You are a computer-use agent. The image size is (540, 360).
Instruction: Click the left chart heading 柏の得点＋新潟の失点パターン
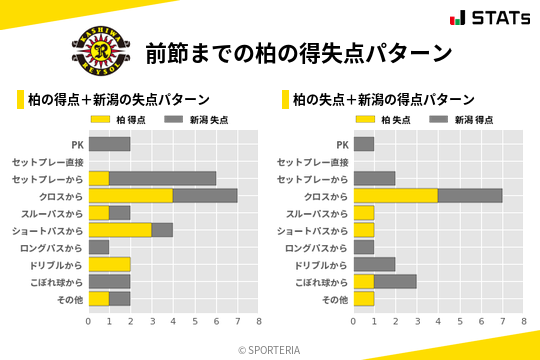118,100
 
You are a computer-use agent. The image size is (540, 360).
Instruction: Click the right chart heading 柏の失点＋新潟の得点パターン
383,100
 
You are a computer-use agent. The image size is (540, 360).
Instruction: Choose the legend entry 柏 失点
388,120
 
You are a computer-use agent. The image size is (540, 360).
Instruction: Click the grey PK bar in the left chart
109,144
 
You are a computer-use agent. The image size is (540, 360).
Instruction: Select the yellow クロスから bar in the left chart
130,195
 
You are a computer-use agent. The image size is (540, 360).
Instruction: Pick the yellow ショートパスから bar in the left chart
120,230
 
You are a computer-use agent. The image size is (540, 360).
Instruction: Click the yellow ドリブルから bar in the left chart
109,264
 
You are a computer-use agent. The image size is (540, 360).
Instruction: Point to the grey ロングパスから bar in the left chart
99,247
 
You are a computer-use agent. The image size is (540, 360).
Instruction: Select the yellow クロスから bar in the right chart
395,195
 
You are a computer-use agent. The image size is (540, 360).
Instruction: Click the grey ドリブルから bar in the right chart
374,264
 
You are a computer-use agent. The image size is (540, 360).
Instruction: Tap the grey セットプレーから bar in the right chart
374,178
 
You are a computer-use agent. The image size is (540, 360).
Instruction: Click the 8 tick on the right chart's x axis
523,321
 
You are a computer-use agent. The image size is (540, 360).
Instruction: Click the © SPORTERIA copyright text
270,349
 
